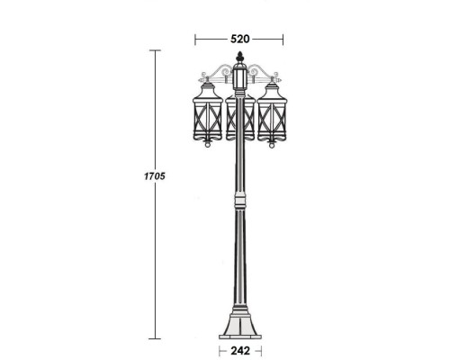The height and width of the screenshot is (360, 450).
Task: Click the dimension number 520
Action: click(239, 39)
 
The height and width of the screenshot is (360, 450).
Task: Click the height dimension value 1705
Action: click(156, 175)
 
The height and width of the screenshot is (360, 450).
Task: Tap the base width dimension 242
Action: click(239, 350)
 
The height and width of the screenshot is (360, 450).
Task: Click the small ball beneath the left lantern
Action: click(209, 143)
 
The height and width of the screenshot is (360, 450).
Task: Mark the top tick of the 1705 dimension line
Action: click(155, 50)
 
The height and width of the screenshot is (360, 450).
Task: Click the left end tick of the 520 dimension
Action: click(196, 39)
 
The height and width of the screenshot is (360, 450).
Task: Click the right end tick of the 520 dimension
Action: click(283, 39)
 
